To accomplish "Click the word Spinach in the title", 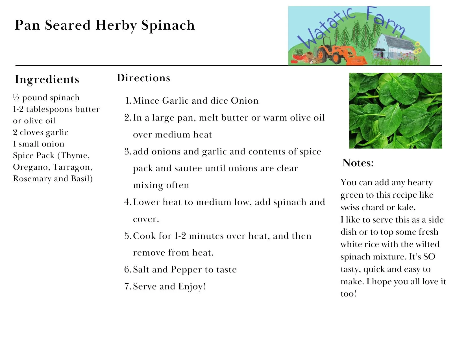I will click(x=168, y=25).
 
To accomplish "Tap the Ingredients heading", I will click(x=47, y=79).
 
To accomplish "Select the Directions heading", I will click(x=143, y=78).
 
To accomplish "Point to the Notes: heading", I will click(x=358, y=163).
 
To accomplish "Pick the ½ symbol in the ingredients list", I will click(x=16, y=98).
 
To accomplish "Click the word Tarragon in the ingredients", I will click(x=72, y=167).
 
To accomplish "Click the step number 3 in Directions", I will click(x=127, y=152).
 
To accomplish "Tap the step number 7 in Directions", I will click(x=127, y=287).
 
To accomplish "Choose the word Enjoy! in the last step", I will click(x=192, y=287).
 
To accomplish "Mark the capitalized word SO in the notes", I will click(x=429, y=257).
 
